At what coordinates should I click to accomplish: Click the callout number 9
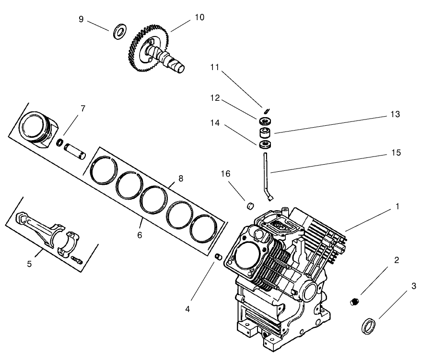pos(81,19)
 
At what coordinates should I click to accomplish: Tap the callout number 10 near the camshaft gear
pos(199,17)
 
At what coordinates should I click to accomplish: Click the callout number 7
pos(82,108)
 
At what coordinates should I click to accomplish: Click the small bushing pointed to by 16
pos(249,207)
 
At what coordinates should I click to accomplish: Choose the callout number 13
pos(395,114)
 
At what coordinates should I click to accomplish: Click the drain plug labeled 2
pos(354,302)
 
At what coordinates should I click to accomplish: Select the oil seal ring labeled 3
pos(368,325)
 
